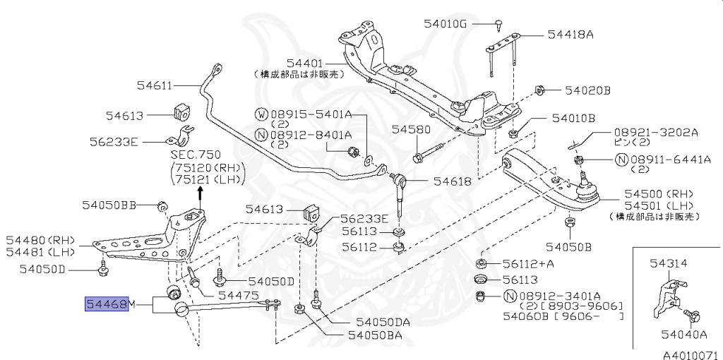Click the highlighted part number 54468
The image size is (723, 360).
pos(107,304)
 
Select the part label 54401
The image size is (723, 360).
pos(306,63)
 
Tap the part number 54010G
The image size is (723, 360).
pos(446,23)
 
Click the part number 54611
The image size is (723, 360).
pos(154,86)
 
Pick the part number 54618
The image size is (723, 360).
pos(452,181)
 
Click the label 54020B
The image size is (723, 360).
pos(587,90)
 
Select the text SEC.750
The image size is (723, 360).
pos(196,154)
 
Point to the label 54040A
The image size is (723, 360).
pos(683,335)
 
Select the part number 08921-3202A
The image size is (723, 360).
pos(655,132)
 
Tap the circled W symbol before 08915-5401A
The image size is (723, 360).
pos(261,114)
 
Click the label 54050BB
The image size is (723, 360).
pos(109,205)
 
